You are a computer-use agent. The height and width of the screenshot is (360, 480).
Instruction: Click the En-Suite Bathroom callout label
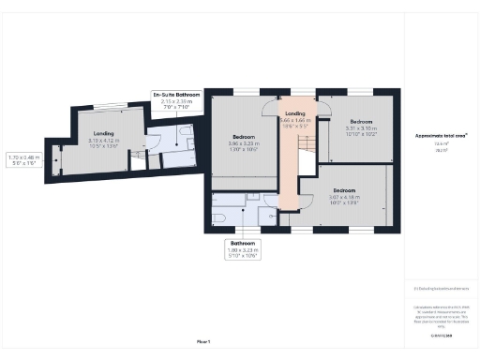tap(177, 100)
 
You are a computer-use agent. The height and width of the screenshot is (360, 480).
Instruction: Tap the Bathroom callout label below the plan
tap(243, 247)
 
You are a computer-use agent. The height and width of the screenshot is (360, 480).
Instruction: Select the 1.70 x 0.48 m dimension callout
tap(25, 160)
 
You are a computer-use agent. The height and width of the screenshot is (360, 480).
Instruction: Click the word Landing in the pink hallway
tap(295, 113)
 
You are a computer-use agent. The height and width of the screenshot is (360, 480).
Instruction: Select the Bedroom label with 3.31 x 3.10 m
tap(362, 126)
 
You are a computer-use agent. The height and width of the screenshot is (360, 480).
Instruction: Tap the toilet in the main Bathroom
tap(219, 217)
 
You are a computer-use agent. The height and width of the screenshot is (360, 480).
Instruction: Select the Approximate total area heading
tap(442, 136)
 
